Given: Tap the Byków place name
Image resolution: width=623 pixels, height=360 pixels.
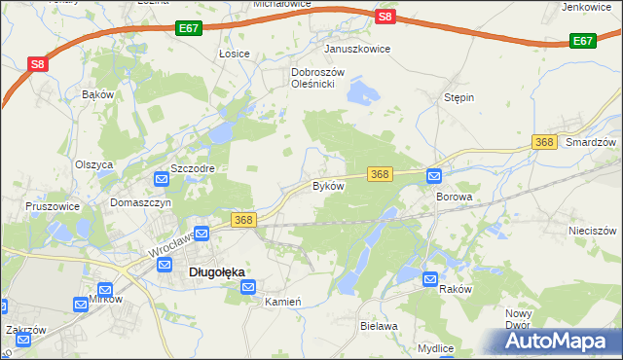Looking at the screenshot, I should [327, 186].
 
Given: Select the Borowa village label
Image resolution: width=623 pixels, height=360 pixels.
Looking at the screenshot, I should [454, 197].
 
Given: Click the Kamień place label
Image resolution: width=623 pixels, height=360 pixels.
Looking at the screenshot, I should [284, 302].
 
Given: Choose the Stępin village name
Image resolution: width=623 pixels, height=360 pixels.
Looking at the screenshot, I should [458, 98].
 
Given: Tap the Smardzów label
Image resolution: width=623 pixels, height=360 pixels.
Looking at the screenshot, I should [591, 142].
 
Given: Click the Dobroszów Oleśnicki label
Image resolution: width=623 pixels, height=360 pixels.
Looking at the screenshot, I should [313, 78].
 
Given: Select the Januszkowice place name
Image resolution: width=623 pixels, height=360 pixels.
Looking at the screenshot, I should [357, 49].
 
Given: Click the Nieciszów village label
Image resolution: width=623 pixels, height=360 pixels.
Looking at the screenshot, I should [592, 232].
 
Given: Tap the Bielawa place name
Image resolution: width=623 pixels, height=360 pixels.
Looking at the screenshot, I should [380, 326].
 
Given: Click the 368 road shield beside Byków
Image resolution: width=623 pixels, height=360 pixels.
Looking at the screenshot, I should [380, 174].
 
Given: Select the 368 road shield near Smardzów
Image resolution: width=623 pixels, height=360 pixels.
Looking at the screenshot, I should [545, 142].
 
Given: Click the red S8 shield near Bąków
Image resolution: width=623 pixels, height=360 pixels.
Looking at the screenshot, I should [36, 65].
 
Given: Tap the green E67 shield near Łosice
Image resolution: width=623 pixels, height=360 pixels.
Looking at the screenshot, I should [190, 30].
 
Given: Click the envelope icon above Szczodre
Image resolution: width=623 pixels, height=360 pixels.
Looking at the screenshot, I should [162, 179].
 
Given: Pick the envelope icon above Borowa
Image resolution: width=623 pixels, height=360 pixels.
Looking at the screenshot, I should [434, 176].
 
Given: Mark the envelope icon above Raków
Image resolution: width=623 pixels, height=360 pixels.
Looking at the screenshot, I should [430, 280].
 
